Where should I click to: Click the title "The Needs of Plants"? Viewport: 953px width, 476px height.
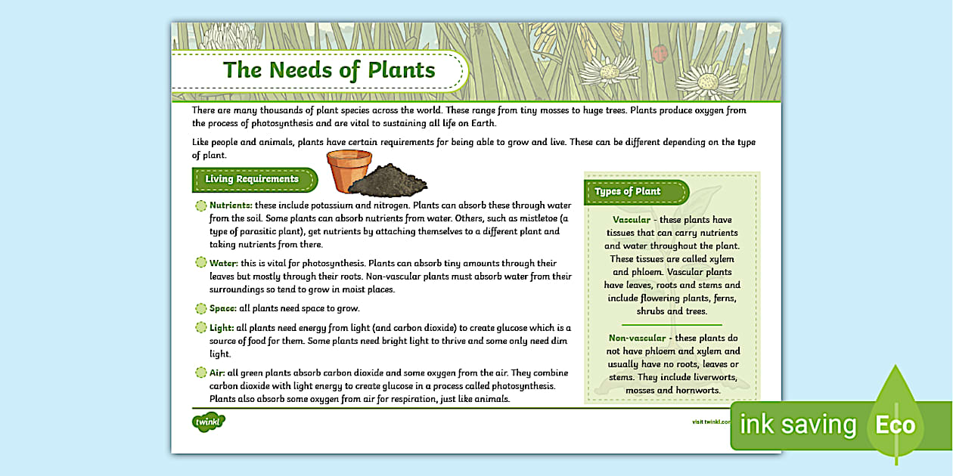[329, 70]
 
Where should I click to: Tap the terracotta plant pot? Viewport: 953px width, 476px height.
[349, 171]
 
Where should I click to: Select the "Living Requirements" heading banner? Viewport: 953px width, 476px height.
[252, 179]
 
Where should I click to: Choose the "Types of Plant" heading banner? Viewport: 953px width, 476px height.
[628, 191]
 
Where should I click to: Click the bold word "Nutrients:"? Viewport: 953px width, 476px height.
[231, 205]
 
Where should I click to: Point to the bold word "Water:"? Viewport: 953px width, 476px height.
[223, 263]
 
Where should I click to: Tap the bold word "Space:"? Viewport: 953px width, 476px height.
[223, 308]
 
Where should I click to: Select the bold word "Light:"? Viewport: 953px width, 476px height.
[222, 327]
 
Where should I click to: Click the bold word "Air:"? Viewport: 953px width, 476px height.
[217, 372]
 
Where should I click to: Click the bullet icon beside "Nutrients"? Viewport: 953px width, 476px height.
[200, 206]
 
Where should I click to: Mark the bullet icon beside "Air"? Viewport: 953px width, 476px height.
[200, 372]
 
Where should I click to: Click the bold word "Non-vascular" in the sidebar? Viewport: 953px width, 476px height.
[637, 338]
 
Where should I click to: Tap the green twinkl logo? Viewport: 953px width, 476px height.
[209, 421]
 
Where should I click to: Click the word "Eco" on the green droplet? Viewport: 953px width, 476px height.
[896, 425]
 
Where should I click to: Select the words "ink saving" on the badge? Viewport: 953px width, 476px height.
[797, 425]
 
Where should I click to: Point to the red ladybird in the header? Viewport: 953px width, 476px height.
[660, 53]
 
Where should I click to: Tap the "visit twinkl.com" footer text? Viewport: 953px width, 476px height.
[711, 422]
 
